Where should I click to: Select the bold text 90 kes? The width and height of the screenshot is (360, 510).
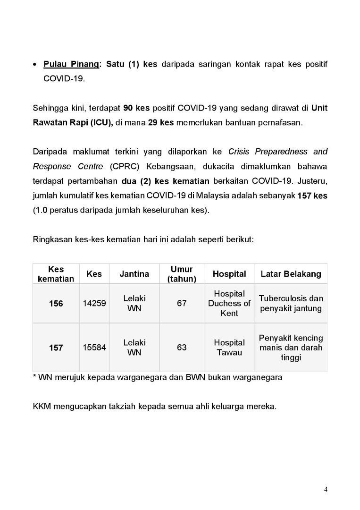click(x=136, y=108)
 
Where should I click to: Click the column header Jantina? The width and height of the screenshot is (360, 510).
click(x=134, y=274)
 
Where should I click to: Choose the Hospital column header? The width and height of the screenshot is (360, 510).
click(x=229, y=274)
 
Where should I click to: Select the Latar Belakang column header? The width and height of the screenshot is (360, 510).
click(x=291, y=274)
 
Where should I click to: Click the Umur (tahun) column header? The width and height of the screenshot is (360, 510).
click(x=182, y=274)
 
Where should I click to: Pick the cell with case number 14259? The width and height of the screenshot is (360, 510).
click(x=94, y=304)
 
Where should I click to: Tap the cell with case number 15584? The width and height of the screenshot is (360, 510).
click(x=94, y=348)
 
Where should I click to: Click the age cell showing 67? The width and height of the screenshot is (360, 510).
click(x=182, y=303)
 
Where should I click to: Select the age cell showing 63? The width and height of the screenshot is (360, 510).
click(x=182, y=348)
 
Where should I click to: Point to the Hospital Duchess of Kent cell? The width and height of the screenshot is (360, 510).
click(x=229, y=303)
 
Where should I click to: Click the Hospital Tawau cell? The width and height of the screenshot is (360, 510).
click(x=229, y=348)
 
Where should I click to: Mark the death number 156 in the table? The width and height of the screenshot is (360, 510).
click(x=56, y=304)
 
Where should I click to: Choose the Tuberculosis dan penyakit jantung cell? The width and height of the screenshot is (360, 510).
click(x=291, y=304)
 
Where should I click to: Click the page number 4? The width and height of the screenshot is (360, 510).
click(x=326, y=489)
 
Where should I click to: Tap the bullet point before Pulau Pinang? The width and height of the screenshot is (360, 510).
click(x=35, y=64)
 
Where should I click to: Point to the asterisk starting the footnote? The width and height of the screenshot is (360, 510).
click(x=34, y=377)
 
